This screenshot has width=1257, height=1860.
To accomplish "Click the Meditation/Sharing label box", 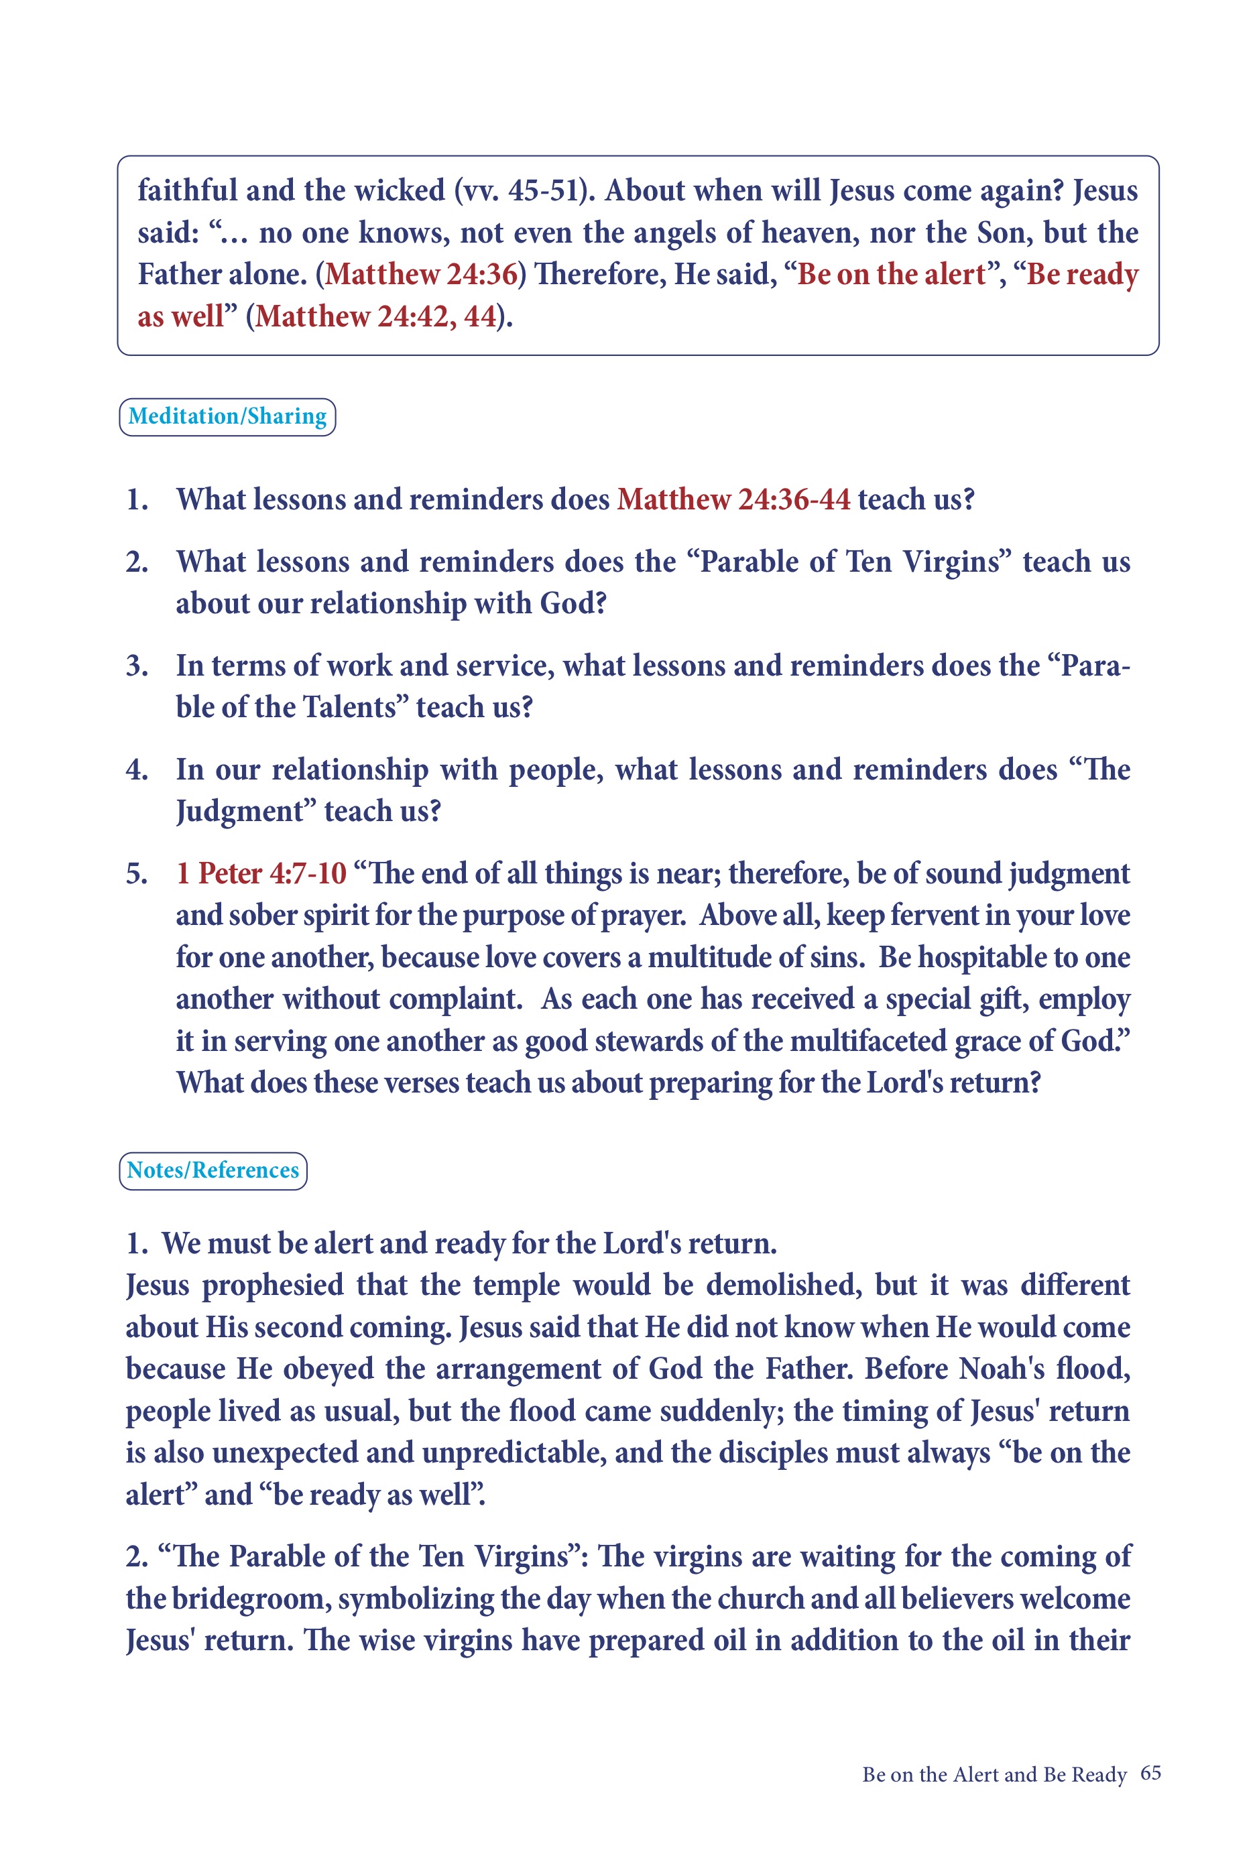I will (227, 417).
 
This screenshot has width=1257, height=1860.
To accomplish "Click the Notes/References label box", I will (213, 1170).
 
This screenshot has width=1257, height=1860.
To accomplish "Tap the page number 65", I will (1150, 1773).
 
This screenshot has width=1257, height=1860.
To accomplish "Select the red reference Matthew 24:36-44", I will (733, 499).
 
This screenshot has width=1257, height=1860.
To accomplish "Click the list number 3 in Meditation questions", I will (137, 666).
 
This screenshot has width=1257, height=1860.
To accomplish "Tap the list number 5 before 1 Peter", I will (137, 873).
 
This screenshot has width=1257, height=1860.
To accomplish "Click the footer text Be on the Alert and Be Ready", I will (994, 1774).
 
